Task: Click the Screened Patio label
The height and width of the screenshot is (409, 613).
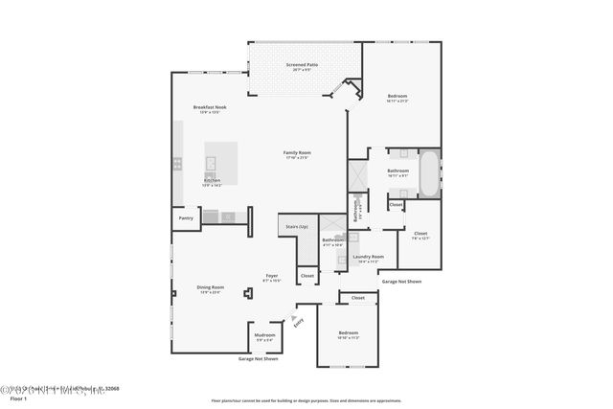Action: (302, 65)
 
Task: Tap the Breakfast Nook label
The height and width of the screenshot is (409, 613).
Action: (209, 107)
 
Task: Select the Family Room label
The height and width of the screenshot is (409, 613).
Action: (297, 152)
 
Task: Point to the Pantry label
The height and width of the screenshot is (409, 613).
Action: (186, 218)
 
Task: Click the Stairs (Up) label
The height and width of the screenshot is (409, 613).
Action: (296, 227)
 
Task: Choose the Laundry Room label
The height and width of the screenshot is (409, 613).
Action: (368, 256)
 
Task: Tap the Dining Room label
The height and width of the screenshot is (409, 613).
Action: (211, 287)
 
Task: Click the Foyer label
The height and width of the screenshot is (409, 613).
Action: (271, 276)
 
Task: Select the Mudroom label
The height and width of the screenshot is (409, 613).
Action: (264, 336)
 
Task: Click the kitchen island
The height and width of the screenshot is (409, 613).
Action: (222, 156)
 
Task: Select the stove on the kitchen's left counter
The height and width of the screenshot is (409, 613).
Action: (177, 164)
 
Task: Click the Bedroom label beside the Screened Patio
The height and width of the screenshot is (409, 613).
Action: (397, 96)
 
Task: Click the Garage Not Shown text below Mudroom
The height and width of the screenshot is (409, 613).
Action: (258, 358)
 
